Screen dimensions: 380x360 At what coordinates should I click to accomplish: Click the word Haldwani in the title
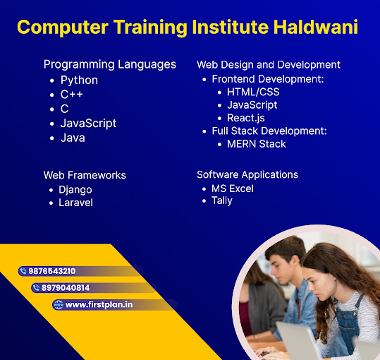[316, 27]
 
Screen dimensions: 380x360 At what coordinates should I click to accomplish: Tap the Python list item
[79, 80]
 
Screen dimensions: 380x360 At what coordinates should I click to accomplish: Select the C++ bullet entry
[72, 95]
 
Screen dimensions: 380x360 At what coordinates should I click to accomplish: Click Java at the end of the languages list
[73, 138]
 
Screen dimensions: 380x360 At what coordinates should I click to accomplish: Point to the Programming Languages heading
[110, 65]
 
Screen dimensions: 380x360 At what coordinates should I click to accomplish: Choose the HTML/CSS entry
[253, 92]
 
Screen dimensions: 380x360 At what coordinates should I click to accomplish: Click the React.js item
[246, 118]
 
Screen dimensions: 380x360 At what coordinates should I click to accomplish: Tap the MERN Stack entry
[257, 144]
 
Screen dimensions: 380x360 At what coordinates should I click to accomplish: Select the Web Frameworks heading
[85, 175]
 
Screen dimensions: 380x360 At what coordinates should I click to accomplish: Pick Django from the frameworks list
[75, 190]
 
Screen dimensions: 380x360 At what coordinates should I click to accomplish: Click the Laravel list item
[75, 203]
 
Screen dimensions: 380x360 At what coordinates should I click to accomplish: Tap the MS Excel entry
[233, 188]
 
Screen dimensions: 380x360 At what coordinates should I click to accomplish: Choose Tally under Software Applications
[222, 201]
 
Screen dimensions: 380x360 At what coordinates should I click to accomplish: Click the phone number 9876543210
[52, 271]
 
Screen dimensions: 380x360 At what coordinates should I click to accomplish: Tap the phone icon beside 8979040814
[36, 288]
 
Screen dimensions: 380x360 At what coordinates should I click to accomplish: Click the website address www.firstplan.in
[99, 305]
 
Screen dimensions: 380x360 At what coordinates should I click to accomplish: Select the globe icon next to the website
[58, 305]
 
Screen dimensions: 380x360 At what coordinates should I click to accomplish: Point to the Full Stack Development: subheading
[269, 131]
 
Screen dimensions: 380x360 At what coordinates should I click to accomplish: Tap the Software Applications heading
[247, 174]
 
